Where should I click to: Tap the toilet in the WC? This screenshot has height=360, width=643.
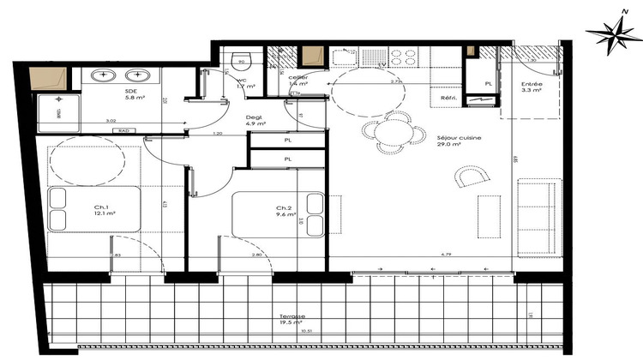click(x=241, y=61)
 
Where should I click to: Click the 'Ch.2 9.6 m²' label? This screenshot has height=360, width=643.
click(x=285, y=211)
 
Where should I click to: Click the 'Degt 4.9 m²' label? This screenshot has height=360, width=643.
click(x=255, y=121)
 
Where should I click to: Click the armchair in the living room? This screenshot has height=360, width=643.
click(x=469, y=177)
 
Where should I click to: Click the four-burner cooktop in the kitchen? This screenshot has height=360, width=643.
click(x=402, y=57)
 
